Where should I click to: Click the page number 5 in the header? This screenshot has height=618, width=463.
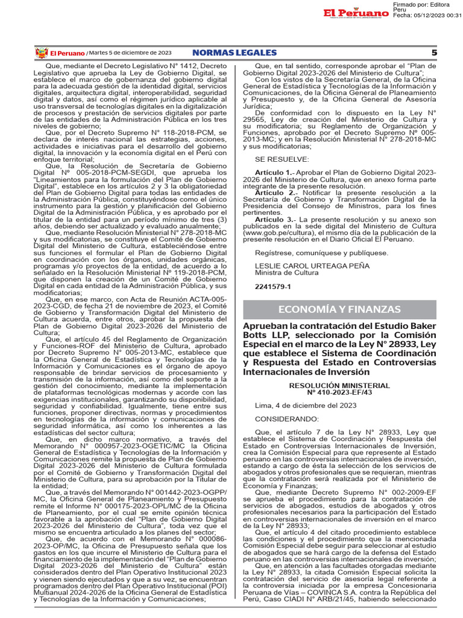coord(433,53)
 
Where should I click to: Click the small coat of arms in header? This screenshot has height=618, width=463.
coord(41,53)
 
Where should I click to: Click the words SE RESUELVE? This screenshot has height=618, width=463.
coord(282,159)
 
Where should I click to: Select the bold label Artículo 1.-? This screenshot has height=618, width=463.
coord(274,173)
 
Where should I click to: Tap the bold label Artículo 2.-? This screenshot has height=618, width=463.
coord(274,193)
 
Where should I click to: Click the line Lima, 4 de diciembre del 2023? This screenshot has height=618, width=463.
coord(306,406)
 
